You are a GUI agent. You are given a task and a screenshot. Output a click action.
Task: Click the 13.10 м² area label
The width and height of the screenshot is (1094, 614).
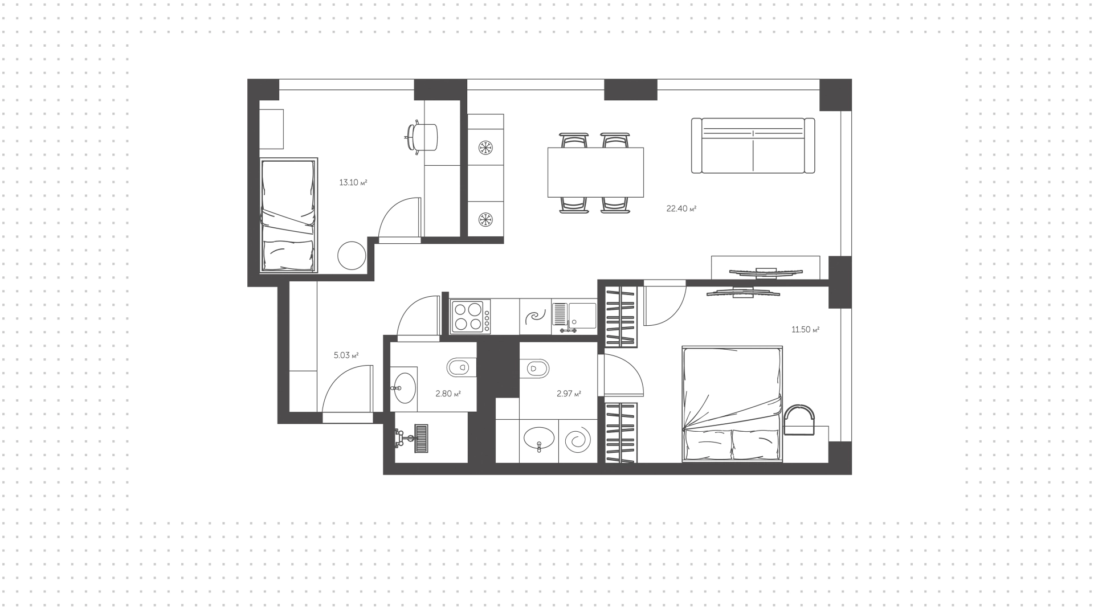click(x=353, y=183)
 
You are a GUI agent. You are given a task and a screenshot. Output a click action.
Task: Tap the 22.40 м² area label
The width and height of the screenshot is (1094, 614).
click(x=681, y=208)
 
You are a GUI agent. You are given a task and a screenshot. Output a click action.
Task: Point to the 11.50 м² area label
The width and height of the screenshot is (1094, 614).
click(x=805, y=329)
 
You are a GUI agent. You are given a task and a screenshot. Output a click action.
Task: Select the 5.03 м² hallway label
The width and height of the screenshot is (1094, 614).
click(x=346, y=355)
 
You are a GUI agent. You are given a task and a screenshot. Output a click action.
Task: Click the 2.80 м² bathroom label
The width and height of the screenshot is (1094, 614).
click(x=448, y=394)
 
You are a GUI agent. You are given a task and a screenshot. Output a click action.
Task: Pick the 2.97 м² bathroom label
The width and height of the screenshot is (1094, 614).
click(x=569, y=394)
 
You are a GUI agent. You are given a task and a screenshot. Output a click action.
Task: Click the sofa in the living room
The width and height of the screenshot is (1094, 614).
click(x=753, y=145)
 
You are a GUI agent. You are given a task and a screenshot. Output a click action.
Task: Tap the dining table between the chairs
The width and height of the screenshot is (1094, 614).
click(x=595, y=172)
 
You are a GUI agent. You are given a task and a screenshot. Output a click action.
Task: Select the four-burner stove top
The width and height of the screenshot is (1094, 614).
click(x=471, y=317)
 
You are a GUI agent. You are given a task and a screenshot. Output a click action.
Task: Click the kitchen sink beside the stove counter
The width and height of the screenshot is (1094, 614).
click(x=574, y=317)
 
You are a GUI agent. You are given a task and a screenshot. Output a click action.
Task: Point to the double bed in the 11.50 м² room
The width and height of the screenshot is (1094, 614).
click(x=732, y=404)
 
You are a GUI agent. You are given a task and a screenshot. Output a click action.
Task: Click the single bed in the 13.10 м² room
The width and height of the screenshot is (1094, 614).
click(x=288, y=215)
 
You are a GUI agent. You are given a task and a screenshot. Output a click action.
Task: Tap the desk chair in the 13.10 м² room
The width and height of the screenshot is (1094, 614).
click(x=421, y=137)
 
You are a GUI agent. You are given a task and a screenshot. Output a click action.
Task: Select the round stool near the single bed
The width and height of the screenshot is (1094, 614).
click(x=352, y=256)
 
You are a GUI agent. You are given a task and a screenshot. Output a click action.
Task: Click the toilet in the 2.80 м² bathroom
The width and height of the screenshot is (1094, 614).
click(x=460, y=367)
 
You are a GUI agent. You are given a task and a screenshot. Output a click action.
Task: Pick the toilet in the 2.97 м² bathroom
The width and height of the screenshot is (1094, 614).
click(x=534, y=368)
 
